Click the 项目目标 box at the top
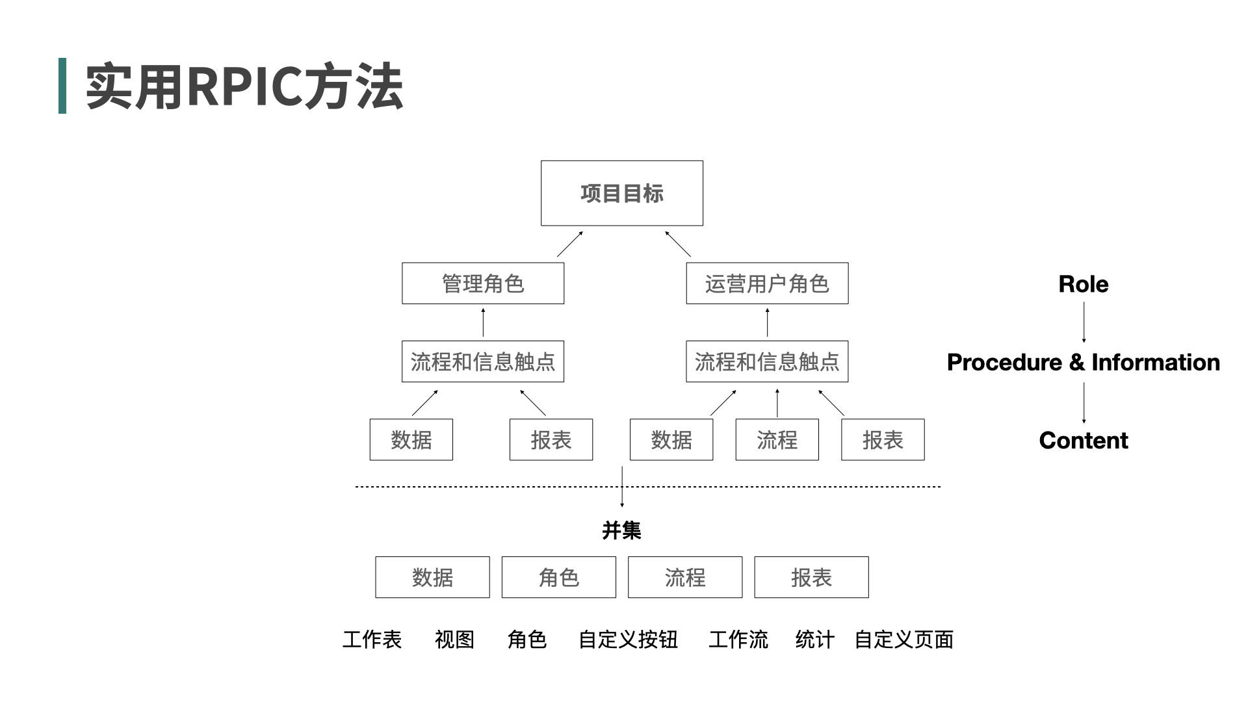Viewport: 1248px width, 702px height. pyautogui.click(x=621, y=193)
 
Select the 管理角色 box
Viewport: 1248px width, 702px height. pyautogui.click(x=482, y=283)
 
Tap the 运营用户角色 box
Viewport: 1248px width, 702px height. pyautogui.click(x=767, y=283)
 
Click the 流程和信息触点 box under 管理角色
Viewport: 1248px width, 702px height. pyautogui.click(x=482, y=361)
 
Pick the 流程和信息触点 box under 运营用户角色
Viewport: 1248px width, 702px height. pyautogui.click(x=767, y=361)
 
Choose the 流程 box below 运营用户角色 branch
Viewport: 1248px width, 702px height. pyautogui.click(x=777, y=440)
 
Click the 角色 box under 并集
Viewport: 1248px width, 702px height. pyautogui.click(x=558, y=577)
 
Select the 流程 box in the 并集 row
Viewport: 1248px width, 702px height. pyautogui.click(x=684, y=577)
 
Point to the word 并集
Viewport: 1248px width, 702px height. pyautogui.click(x=621, y=530)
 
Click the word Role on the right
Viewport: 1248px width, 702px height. pyautogui.click(x=1083, y=284)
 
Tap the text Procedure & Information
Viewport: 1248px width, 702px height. pyautogui.click(x=1083, y=362)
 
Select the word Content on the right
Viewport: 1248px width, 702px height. pyautogui.click(x=1083, y=440)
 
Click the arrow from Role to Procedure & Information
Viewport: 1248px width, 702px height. pyautogui.click(x=1084, y=322)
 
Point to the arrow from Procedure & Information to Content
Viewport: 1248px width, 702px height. pyautogui.click(x=1084, y=402)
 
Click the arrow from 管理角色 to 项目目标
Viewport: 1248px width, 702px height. pyautogui.click(x=569, y=244)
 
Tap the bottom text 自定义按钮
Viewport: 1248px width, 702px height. pyautogui.click(x=628, y=640)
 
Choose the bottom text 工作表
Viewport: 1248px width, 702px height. pyautogui.click(x=372, y=640)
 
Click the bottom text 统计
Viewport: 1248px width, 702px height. pyautogui.click(x=814, y=640)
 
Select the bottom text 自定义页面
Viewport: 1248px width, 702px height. pyautogui.click(x=903, y=640)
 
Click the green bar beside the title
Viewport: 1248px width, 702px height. pyautogui.click(x=62, y=86)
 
